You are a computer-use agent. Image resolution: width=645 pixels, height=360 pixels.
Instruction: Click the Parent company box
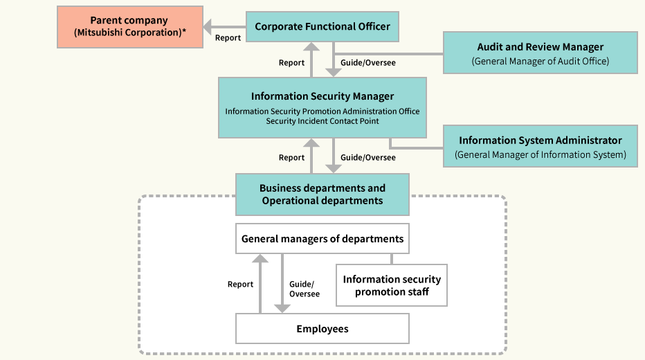[x=130, y=26]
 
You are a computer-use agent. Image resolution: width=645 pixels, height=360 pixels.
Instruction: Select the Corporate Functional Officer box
[x=322, y=26]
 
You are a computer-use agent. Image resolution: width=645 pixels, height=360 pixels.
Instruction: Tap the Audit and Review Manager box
[x=540, y=53]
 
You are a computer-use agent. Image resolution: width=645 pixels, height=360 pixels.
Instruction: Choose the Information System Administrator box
[x=540, y=146]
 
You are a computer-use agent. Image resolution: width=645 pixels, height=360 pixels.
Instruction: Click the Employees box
[x=322, y=329]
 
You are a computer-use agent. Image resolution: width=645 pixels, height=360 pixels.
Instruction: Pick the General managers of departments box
[x=322, y=239]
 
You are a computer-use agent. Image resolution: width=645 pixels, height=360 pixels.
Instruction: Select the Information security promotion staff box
[x=392, y=285]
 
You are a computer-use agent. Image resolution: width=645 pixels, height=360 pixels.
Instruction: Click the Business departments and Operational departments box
[x=322, y=194]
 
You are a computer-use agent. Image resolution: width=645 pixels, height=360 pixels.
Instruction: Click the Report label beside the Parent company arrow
[x=228, y=38]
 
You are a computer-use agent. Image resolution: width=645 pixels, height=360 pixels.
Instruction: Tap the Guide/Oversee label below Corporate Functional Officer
[x=368, y=62]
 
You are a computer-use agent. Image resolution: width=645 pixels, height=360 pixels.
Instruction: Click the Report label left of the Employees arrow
[x=240, y=284]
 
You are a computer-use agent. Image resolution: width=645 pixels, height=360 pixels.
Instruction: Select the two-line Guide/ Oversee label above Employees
[x=304, y=289]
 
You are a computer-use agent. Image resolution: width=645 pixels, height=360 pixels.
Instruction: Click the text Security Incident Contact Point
[x=322, y=121]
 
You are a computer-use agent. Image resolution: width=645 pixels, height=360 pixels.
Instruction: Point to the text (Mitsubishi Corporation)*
[x=130, y=33]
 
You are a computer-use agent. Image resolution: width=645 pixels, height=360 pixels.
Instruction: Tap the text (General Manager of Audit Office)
[x=540, y=61]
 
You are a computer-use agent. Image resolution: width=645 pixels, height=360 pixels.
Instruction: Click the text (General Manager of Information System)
[x=540, y=154]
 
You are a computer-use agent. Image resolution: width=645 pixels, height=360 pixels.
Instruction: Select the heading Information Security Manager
[x=322, y=96]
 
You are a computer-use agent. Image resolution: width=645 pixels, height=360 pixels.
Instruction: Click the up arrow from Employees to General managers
[x=260, y=284]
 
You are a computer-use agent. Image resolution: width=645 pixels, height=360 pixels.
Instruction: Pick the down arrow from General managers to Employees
[x=282, y=284]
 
